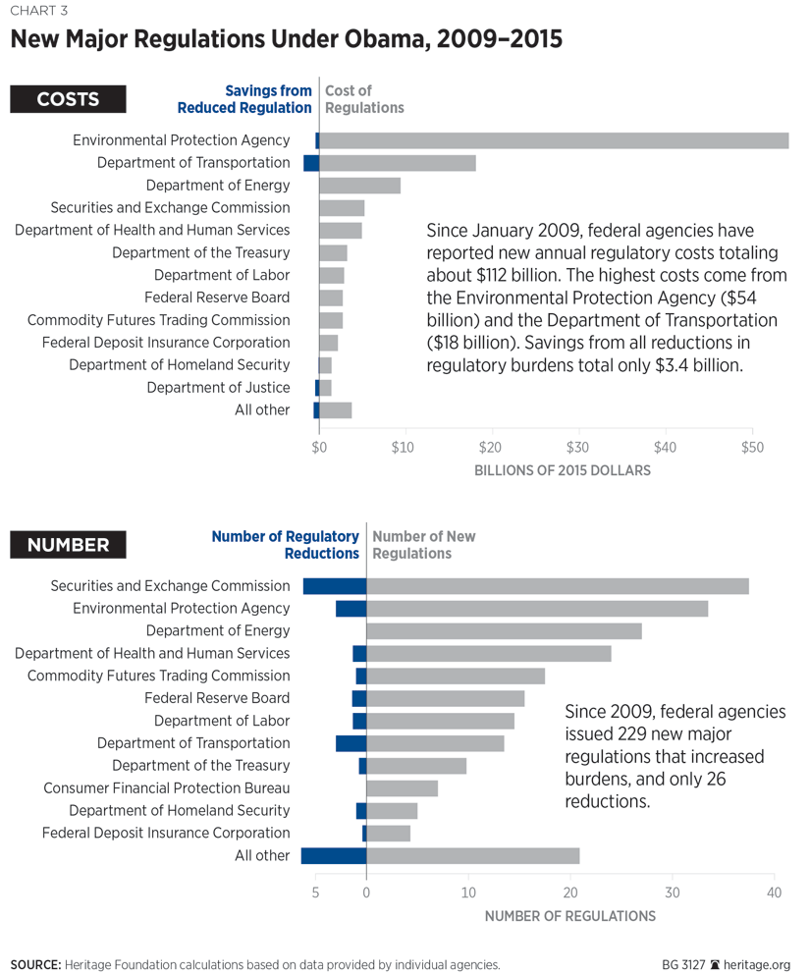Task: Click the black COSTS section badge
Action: (x=68, y=99)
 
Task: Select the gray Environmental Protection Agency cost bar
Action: (x=554, y=140)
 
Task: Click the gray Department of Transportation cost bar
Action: (x=398, y=163)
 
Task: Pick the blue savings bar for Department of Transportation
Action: (x=311, y=163)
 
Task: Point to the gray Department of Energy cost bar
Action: (x=359, y=186)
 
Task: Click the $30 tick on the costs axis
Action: (x=577, y=449)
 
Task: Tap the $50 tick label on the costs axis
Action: (x=751, y=449)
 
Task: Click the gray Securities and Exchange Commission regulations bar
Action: (x=558, y=586)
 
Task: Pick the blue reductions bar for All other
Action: (x=334, y=855)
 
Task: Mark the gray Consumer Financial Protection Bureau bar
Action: (x=402, y=788)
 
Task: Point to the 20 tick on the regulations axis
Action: (x=570, y=893)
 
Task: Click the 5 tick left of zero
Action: (x=315, y=893)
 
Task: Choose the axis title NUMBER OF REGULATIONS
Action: (x=569, y=916)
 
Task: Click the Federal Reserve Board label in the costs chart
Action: (x=217, y=298)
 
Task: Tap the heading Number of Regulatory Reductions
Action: (x=286, y=545)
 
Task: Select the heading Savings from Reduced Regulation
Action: (x=268, y=99)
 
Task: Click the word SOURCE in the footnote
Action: (x=35, y=964)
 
